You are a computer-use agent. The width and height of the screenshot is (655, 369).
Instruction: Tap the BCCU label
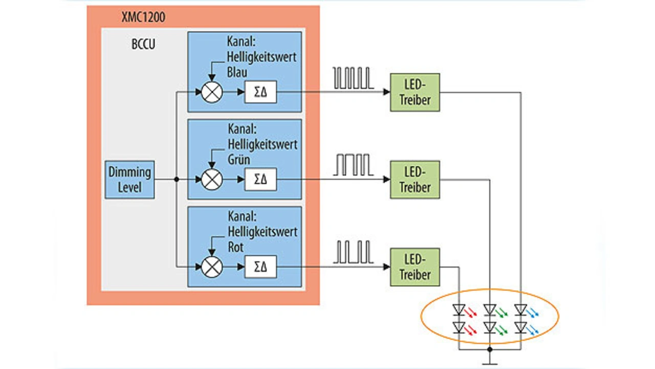pos(143,44)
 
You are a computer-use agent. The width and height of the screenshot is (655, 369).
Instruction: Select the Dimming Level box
pos(129,180)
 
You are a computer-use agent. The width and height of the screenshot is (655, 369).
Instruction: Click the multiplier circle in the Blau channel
pos(211,93)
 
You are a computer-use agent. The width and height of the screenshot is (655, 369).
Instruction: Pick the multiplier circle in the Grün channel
pos(211,180)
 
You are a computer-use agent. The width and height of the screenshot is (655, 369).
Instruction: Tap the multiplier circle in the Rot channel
pos(211,267)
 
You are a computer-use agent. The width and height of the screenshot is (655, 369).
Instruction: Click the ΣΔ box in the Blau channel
pos(260,93)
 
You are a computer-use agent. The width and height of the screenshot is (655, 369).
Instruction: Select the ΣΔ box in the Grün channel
pos(260,180)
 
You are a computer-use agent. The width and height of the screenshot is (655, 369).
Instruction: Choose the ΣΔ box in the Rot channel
pos(260,267)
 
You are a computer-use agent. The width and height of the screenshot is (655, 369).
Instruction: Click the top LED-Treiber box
pos(414,93)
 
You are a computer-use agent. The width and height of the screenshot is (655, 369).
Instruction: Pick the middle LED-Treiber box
pos(414,180)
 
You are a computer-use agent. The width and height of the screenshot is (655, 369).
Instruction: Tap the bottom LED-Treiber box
pos(414,267)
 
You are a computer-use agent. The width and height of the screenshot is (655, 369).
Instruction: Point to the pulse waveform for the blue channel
pos(353,78)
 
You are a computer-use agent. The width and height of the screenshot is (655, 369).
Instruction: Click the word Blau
pos(238,72)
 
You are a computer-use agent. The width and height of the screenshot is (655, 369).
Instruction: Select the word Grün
pos(239,159)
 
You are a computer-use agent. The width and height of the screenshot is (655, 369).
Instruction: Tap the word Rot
pos(236,247)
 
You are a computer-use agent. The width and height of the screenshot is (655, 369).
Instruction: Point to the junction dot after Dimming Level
pos(176,180)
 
